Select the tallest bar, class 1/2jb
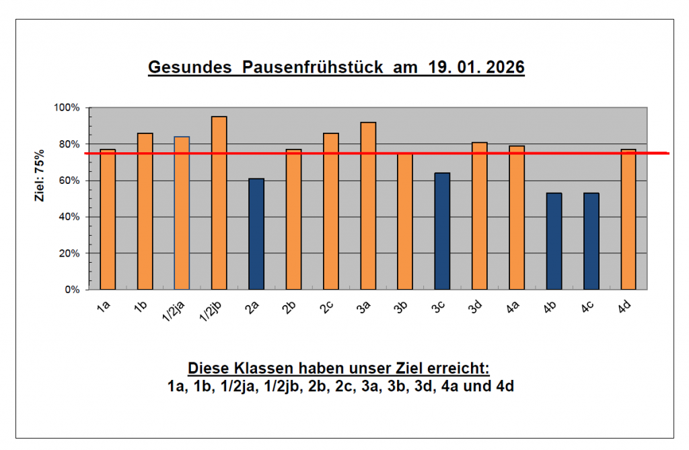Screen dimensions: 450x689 tap(219, 203)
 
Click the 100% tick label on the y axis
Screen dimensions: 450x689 tap(67, 108)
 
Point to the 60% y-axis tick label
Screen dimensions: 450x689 tap(69, 181)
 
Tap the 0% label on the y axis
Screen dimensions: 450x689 tap(72, 290)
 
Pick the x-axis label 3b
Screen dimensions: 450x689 tap(402, 307)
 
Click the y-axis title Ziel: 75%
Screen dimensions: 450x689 tap(40, 176)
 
